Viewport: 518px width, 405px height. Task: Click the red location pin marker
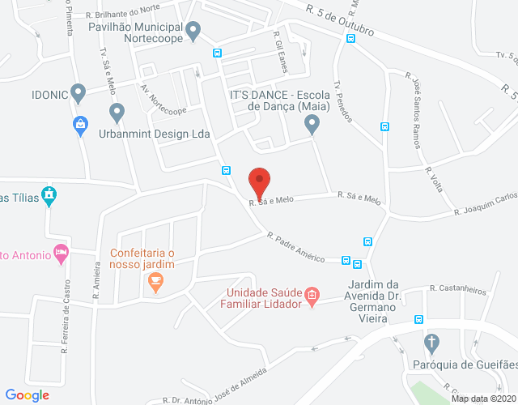[x=259, y=180]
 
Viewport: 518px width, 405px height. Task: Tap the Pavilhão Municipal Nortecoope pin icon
[x=193, y=32]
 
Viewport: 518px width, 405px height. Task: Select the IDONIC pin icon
[x=79, y=92]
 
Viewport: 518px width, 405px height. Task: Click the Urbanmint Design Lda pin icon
[x=117, y=111]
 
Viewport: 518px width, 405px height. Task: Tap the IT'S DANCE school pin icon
[x=312, y=124]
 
